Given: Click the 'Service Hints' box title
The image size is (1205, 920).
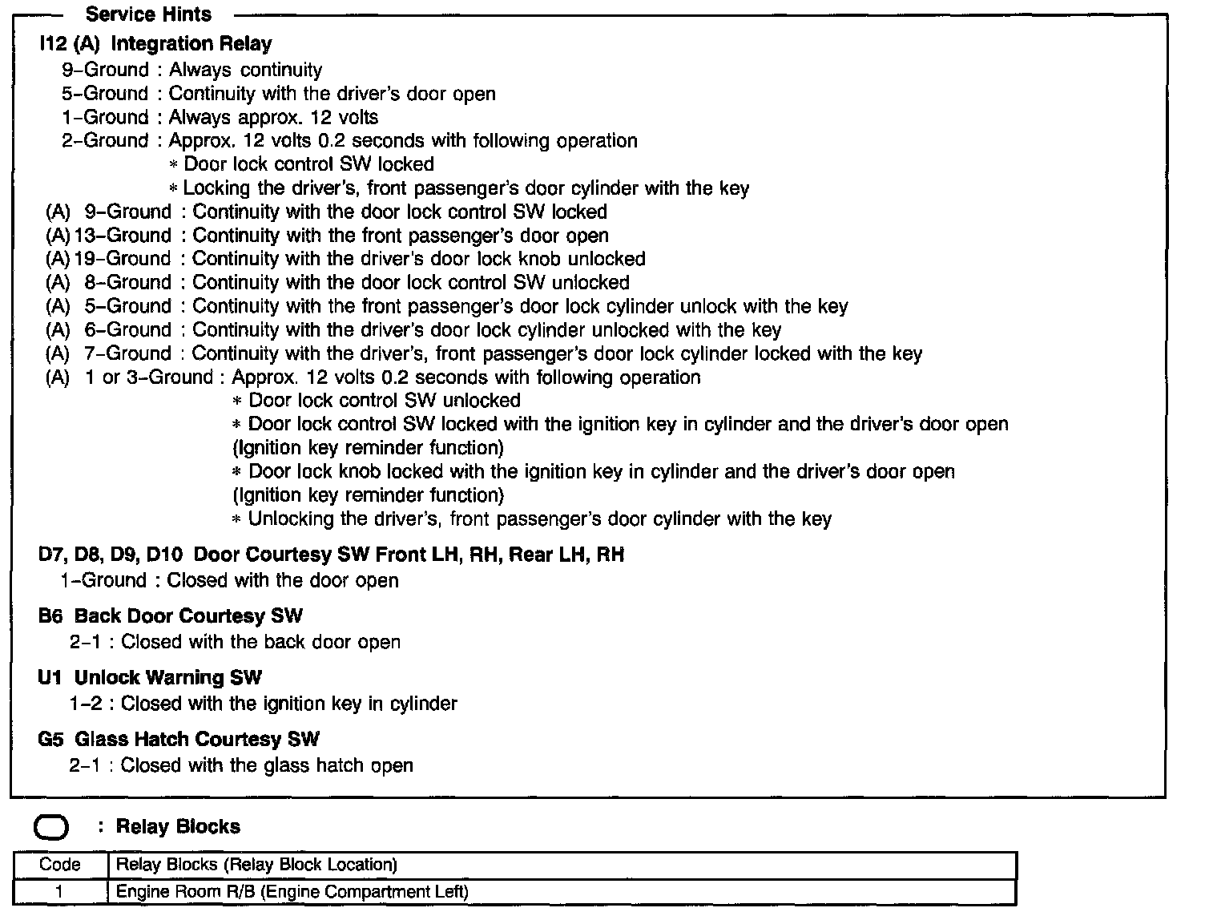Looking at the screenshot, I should (148, 14).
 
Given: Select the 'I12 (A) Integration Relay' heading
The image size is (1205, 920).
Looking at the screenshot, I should (155, 44).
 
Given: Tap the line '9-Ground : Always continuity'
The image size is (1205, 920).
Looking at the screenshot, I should (192, 71).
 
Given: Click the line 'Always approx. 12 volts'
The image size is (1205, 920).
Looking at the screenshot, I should (273, 118).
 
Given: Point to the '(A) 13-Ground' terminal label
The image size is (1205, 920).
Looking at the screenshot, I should (109, 236).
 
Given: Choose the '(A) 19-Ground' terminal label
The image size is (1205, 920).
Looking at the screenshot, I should (109, 259).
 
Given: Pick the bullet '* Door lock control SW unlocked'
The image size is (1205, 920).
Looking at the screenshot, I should (377, 401).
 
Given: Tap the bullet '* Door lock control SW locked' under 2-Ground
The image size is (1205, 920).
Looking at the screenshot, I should (302, 164).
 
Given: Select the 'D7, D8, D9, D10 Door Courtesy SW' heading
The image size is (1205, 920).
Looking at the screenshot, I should (331, 555).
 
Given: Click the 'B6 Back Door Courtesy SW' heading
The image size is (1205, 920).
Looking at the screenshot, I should (171, 616).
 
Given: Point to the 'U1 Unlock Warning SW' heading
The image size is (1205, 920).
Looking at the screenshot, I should (150, 678).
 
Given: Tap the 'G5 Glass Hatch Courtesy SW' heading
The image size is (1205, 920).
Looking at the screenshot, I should (179, 740).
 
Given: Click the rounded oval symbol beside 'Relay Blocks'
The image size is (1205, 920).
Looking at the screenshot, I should (51, 828).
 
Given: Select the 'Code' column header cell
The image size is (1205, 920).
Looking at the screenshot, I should (60, 866).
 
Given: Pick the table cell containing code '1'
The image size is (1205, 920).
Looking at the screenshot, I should (60, 892).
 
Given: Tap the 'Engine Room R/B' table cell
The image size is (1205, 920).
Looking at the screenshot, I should (292, 892).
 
